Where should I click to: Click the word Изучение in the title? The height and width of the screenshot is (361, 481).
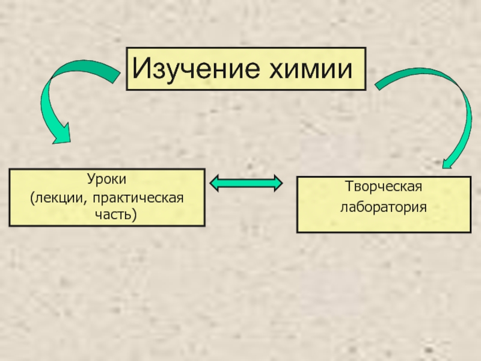pyautogui.click(x=193, y=69)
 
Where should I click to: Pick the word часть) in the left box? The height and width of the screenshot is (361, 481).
pyautogui.click(x=107, y=214)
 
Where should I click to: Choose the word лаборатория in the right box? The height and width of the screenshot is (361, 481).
pyautogui.click(x=383, y=208)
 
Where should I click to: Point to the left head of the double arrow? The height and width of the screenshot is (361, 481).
pyautogui.click(x=216, y=183)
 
